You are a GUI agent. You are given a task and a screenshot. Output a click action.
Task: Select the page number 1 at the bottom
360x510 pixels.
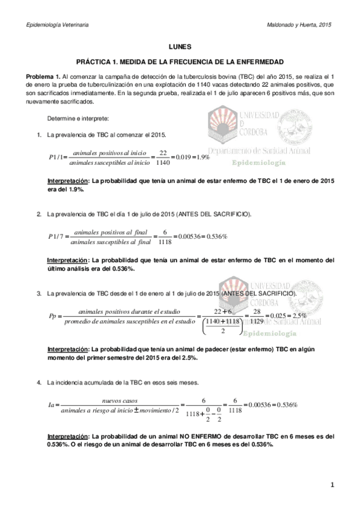tap(331, 484)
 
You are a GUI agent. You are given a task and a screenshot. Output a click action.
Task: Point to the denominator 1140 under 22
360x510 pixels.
tap(163, 162)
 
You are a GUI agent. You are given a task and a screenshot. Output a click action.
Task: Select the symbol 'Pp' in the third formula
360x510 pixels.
tap(52, 316)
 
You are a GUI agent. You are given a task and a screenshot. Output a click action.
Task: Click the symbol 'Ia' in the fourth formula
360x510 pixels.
tap(52, 405)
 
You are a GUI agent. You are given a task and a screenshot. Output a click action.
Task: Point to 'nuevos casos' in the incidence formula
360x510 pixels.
tap(120, 400)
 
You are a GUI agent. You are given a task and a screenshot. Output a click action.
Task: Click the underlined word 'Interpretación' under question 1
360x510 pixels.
tap(67, 181)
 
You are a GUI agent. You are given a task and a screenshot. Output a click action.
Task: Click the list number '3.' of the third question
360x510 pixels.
tap(39, 293)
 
